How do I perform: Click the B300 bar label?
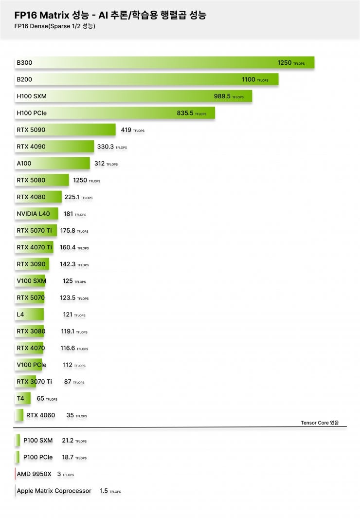24,63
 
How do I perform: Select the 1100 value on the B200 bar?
249,79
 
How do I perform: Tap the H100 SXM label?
32,96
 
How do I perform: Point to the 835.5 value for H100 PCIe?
185,113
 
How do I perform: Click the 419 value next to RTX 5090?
126,130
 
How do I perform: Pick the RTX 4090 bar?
54,147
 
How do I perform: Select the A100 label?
24,164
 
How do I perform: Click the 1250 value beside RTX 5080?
80,180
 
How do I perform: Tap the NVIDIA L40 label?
33,214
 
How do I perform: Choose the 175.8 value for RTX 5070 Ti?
68,231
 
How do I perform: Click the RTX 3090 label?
31,264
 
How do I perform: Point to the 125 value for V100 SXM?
67,281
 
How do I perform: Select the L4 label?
20,314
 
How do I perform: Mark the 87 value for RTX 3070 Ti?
68,382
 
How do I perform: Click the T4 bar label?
20,399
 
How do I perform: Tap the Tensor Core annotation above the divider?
319,423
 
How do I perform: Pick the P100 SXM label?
38,441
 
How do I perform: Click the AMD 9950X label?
34,474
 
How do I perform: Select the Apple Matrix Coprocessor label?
54,491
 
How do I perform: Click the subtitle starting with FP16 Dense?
54,26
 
